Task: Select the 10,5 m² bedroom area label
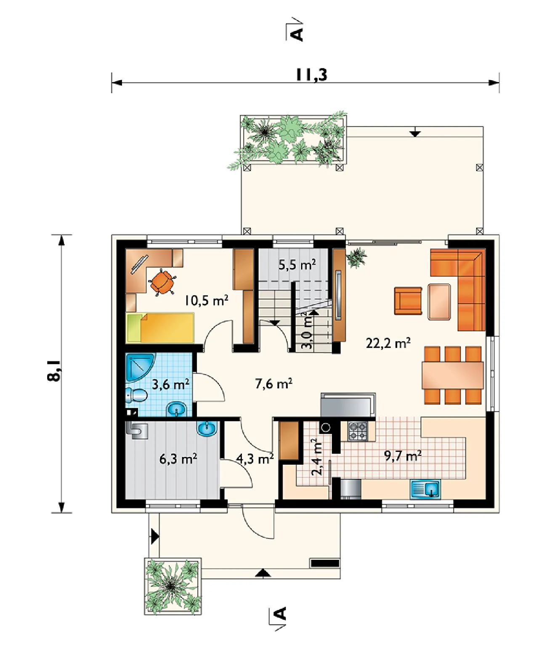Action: click(206, 300)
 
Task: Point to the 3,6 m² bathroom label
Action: click(170, 384)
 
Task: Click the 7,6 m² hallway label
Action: click(273, 383)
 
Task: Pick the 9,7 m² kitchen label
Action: click(403, 456)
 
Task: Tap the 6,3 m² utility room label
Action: click(178, 459)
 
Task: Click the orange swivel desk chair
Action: click(162, 282)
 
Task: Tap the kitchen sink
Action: click(425, 489)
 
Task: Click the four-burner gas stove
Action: click(358, 431)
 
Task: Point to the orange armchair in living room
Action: click(408, 301)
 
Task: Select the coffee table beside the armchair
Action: click(439, 301)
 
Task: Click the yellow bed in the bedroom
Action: click(160, 328)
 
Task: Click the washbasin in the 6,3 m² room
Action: click(207, 429)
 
